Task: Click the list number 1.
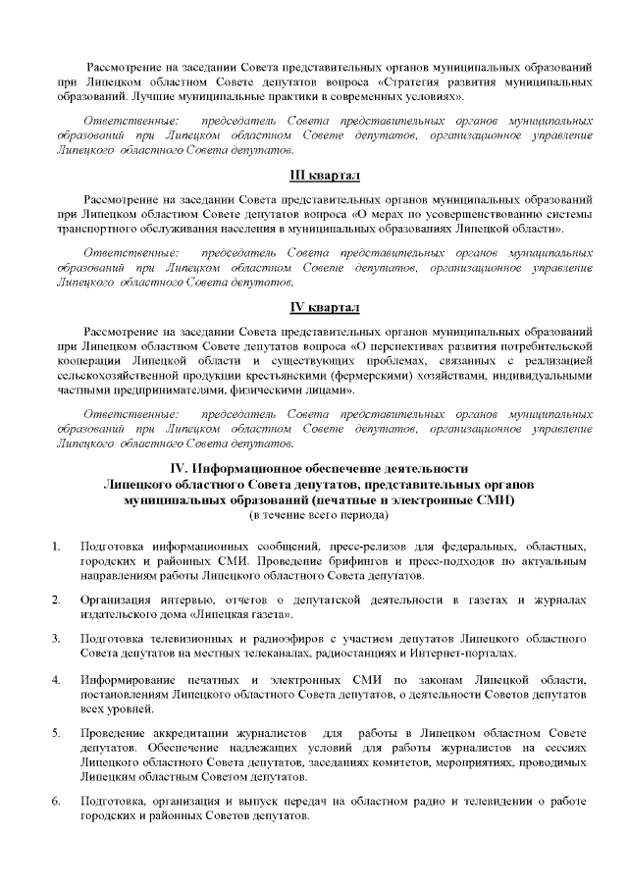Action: [x=57, y=546]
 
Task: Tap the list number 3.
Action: [x=57, y=639]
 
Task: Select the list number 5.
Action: [x=57, y=733]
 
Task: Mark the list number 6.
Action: [x=57, y=803]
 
